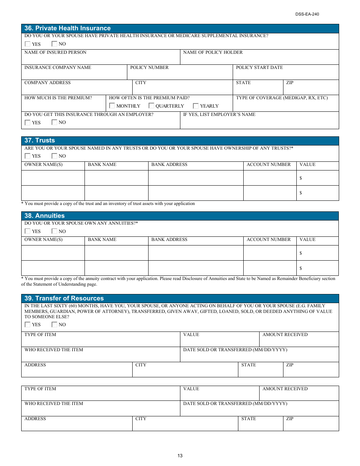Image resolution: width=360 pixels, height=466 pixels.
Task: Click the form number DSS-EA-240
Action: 307,14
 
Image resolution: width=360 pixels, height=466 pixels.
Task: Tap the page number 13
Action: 180,456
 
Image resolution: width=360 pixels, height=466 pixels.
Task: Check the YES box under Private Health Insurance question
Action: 28,44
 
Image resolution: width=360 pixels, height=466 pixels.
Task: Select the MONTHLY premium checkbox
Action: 112,106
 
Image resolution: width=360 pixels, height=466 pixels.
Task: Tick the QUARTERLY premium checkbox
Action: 151,106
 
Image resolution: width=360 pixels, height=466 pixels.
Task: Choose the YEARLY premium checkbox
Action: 196,106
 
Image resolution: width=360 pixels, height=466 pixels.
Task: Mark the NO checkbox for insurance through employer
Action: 55,122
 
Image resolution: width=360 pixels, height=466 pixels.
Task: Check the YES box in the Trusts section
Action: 28,156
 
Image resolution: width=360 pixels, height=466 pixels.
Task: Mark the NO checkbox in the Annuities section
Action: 55,231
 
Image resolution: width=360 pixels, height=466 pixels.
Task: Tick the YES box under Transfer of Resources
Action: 28,325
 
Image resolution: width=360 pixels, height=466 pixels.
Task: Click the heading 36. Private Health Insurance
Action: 67,28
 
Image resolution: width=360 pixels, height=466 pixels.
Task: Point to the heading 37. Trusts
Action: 39,141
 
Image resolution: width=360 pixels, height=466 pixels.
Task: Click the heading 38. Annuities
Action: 44,216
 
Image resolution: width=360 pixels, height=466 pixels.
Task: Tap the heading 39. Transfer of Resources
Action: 64,299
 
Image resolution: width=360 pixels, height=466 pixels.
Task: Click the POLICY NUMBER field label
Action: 149,67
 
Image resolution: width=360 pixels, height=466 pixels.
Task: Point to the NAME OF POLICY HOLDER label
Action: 213,52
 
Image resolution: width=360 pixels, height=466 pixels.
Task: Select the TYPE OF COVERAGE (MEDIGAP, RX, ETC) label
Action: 282,98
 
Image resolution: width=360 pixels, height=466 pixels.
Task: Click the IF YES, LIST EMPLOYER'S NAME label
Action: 219,114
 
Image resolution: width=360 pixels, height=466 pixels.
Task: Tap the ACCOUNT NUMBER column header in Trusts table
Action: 269,164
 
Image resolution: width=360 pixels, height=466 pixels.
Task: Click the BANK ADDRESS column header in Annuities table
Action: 169,239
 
